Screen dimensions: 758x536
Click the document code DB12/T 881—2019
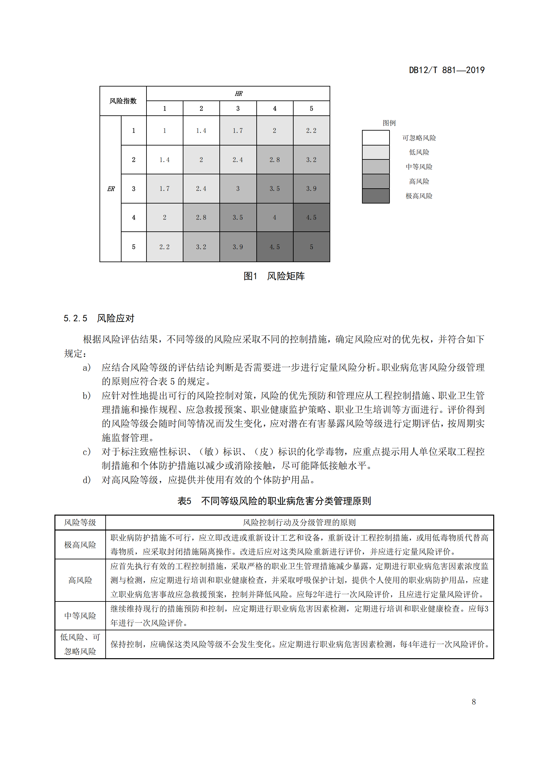click(447, 70)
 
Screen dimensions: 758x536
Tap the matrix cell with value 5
click(311, 247)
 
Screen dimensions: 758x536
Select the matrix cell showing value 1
click(164, 130)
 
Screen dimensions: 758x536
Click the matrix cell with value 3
click(238, 189)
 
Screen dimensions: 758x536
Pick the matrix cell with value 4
click(274, 217)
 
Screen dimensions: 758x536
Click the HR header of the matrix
click(238, 94)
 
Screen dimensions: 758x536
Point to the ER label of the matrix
click(111, 189)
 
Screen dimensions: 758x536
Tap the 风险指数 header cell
click(123, 101)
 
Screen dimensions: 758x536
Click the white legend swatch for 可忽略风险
click(376, 138)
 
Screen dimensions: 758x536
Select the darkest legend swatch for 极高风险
click(376, 196)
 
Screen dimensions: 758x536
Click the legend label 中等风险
click(419, 167)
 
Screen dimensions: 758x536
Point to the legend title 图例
click(389, 123)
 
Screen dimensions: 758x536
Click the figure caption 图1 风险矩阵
click(274, 276)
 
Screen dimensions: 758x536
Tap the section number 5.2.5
click(75, 318)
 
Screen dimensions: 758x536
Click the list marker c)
click(87, 452)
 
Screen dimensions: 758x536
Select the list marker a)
click(87, 367)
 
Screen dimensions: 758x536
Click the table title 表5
click(184, 501)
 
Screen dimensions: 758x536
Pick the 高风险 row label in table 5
click(80, 580)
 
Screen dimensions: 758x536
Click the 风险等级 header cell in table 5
click(80, 522)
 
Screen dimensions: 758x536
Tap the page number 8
click(474, 702)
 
